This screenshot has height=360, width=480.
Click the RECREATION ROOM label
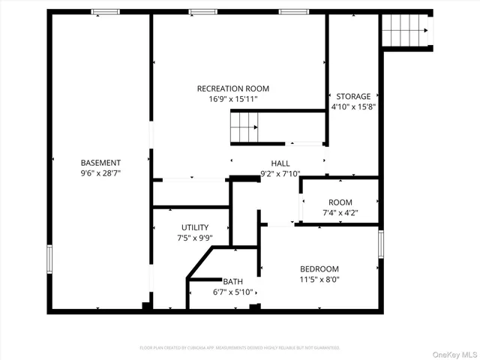click(x=232, y=88)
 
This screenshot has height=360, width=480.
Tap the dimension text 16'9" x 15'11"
click(x=232, y=99)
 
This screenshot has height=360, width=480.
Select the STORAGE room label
click(x=353, y=96)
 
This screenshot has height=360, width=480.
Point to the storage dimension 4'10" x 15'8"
click(x=353, y=106)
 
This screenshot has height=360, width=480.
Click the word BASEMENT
click(x=100, y=163)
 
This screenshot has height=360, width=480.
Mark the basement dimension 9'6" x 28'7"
click(x=100, y=173)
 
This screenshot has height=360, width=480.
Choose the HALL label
click(x=280, y=163)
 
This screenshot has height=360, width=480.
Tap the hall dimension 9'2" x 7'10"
click(x=280, y=173)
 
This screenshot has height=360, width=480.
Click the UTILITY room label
click(x=194, y=227)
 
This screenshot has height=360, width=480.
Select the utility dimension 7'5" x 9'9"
click(x=194, y=238)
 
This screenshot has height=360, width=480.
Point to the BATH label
click(x=232, y=281)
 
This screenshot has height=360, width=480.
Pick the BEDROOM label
click(x=319, y=269)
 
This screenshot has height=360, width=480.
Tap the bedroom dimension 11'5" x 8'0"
click(x=319, y=280)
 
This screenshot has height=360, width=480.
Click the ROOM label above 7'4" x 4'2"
click(x=340, y=202)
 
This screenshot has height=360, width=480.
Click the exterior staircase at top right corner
click(x=406, y=31)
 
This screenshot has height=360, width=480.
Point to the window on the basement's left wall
click(x=50, y=258)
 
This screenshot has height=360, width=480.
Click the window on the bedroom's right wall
click(x=381, y=244)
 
